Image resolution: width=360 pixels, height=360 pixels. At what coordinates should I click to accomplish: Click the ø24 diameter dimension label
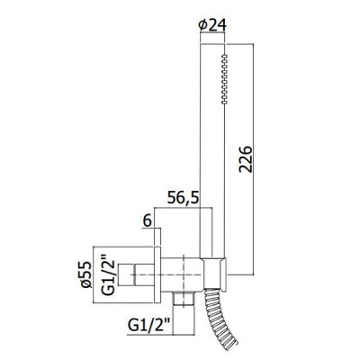coord(212,25)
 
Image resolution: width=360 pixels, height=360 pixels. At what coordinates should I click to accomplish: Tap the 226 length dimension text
coord(246,159)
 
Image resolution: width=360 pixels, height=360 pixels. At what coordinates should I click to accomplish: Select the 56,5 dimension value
coord(183,198)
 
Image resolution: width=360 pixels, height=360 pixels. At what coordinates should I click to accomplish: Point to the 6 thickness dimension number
coord(147,221)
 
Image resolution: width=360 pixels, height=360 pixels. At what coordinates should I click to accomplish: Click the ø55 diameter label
coord(87,274)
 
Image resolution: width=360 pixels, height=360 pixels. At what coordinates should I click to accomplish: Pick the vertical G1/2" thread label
coord(107,274)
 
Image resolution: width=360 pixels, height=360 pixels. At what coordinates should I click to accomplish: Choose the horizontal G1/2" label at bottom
coord(149,325)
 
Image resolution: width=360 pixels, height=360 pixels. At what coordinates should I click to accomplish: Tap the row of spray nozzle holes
coord(224,79)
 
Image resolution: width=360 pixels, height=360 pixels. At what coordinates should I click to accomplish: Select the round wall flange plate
coord(157,274)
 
